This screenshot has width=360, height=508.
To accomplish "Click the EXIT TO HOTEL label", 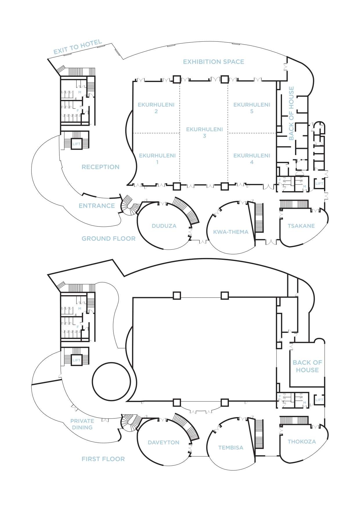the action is tap(78, 47).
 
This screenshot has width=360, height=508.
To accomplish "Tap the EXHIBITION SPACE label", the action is tap(214, 62).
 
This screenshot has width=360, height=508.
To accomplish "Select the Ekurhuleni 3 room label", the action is tap(204, 132).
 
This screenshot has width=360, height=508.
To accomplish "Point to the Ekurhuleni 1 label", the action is tap(157, 158).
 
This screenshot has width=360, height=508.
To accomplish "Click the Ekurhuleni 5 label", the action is tap(252, 108).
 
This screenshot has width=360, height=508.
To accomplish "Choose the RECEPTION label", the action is tap(100, 167).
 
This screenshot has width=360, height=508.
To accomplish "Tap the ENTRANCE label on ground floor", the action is tap(97, 206).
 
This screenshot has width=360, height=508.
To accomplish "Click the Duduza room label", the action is tap(164, 226).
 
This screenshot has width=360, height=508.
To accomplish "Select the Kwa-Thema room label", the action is tap(231, 232).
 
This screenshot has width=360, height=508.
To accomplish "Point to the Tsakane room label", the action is tap(301, 226).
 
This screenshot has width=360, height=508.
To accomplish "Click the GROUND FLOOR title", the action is tap(108, 239).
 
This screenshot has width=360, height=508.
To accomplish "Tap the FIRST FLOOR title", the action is tap(103, 459).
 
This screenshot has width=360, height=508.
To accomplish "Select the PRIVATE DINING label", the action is tap(82, 424).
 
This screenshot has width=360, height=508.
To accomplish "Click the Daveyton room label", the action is tap(163, 442).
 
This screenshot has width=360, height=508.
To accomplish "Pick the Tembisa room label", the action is tap(231, 447).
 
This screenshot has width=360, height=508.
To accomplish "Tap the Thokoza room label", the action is tap(302, 442).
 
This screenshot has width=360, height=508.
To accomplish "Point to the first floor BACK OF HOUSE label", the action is tap(307, 366).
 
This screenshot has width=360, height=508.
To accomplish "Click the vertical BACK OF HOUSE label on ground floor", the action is tap(291, 113).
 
